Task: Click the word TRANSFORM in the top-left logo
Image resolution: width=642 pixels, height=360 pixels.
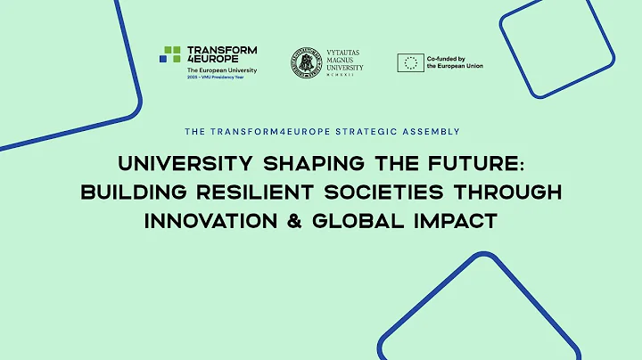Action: click(221, 50)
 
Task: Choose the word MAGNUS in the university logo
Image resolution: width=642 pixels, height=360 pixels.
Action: click(342, 60)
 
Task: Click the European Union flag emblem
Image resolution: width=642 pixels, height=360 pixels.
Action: click(410, 61)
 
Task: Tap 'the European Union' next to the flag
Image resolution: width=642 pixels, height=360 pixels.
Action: click(456, 66)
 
